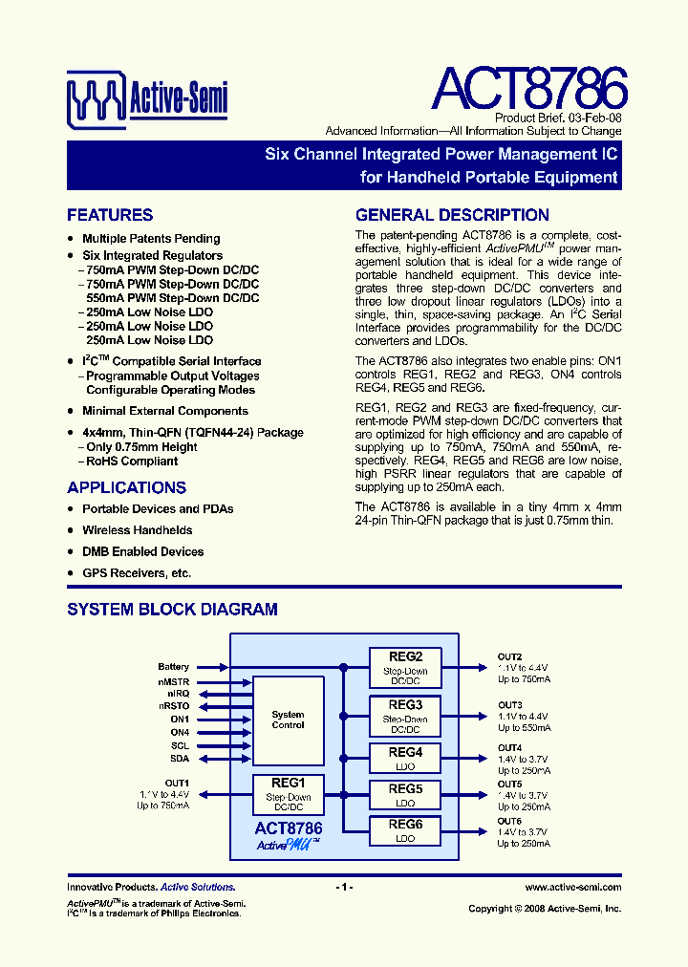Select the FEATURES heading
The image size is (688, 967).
tap(110, 215)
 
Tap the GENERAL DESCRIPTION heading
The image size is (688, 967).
tap(452, 215)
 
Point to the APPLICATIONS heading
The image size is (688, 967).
tap(126, 487)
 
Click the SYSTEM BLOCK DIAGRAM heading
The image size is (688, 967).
tap(172, 609)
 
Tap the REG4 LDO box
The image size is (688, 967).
tap(405, 759)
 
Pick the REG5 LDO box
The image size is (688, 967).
tap(405, 795)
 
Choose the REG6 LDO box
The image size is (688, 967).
tap(405, 830)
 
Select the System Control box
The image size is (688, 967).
tap(288, 720)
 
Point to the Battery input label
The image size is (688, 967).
tap(174, 667)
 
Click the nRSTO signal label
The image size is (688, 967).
tap(174, 706)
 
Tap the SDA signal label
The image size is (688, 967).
tap(180, 759)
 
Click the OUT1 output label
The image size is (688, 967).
tap(177, 783)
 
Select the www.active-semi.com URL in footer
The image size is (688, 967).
tap(572, 888)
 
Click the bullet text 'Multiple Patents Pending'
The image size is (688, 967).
tap(151, 239)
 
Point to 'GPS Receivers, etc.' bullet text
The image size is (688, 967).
tap(137, 573)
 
